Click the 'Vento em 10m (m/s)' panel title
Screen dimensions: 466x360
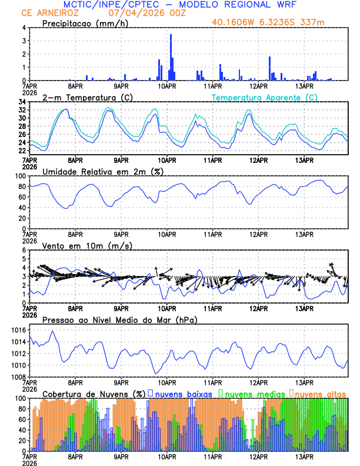click(x=87, y=245)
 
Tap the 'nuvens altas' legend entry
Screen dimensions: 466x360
click(x=320, y=393)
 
